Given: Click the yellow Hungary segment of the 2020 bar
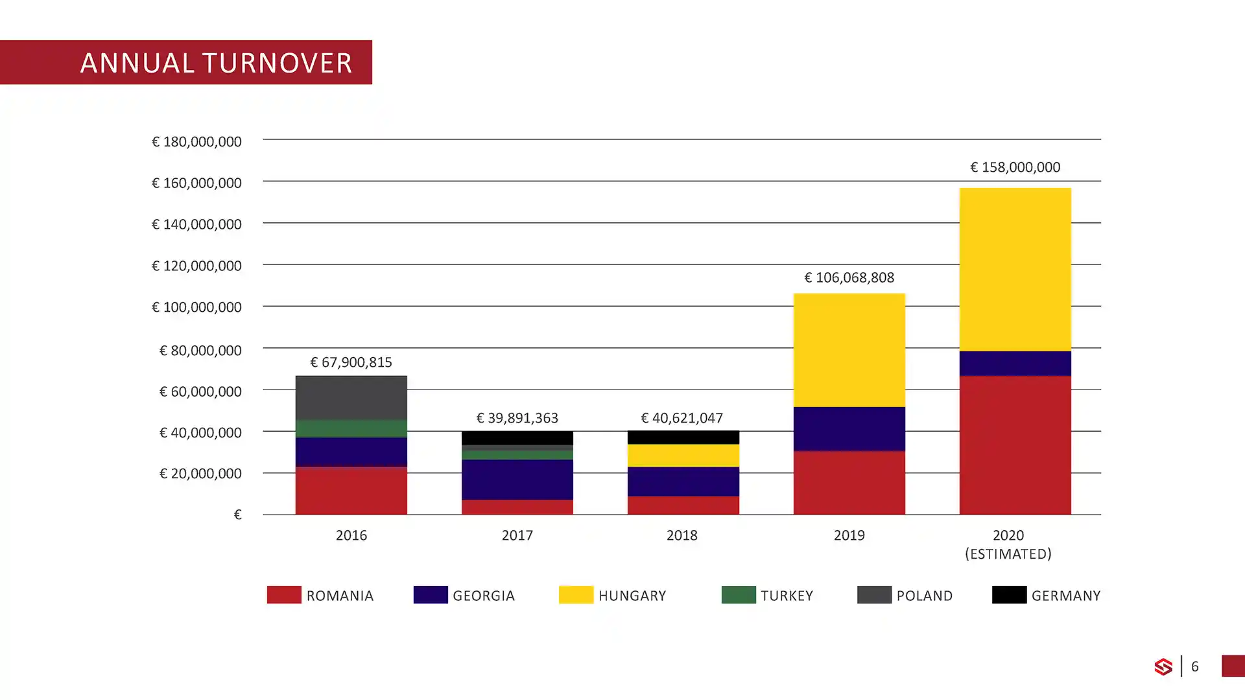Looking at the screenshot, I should coord(1015,269).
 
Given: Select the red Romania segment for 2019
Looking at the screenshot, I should coord(849,482).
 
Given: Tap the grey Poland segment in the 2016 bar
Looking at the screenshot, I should coord(351,397).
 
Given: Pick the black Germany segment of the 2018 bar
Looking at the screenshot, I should coord(683,437).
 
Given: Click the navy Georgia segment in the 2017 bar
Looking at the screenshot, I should coord(517,479).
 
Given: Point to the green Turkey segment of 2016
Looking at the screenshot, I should coord(351,428).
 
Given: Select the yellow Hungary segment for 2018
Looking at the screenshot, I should coord(683,455).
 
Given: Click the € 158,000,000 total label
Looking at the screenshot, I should coord(1015,167).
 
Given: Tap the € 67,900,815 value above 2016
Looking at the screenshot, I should coord(351,362).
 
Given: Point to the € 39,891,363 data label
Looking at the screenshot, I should coord(517,418).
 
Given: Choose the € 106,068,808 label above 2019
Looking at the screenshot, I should coord(849,278).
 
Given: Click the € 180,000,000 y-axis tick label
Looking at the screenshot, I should coord(196,142).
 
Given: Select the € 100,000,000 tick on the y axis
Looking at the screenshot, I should coord(196,307).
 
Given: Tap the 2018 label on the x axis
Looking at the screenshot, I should coord(682,535).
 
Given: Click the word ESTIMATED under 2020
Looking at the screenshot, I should coord(1008,554).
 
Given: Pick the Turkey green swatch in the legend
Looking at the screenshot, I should coord(738,595).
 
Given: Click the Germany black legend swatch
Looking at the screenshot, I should coord(1008,595).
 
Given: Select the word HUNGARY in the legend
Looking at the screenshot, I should coord(632,596).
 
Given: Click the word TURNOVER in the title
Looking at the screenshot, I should coord(277,63).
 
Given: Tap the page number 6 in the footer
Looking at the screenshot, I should coord(1194,666).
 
